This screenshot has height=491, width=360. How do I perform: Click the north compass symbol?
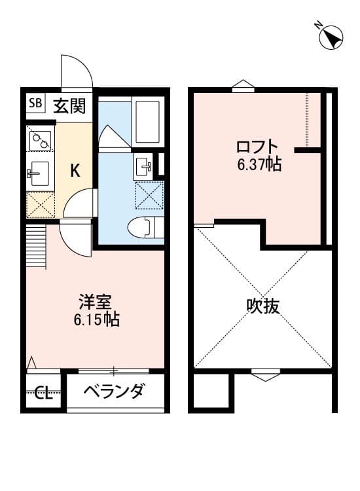(x=332, y=37)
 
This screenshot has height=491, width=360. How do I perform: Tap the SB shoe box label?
(x=35, y=103)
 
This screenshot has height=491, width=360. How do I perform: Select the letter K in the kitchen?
(x=75, y=172)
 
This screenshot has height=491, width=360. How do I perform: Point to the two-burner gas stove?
(x=41, y=140)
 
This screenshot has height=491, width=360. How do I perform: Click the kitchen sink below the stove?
(x=40, y=174)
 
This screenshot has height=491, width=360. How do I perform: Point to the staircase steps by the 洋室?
(x=37, y=246)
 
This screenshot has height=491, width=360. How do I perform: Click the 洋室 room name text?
(x=96, y=302)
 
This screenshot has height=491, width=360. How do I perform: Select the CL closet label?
(x=43, y=393)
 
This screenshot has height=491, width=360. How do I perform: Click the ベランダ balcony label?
(x=115, y=391)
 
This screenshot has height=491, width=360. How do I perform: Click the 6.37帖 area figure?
(x=259, y=164)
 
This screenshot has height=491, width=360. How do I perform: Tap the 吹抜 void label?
(x=263, y=306)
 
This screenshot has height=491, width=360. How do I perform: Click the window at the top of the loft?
(x=242, y=84)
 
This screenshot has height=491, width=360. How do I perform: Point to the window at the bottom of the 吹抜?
(x=265, y=375)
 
